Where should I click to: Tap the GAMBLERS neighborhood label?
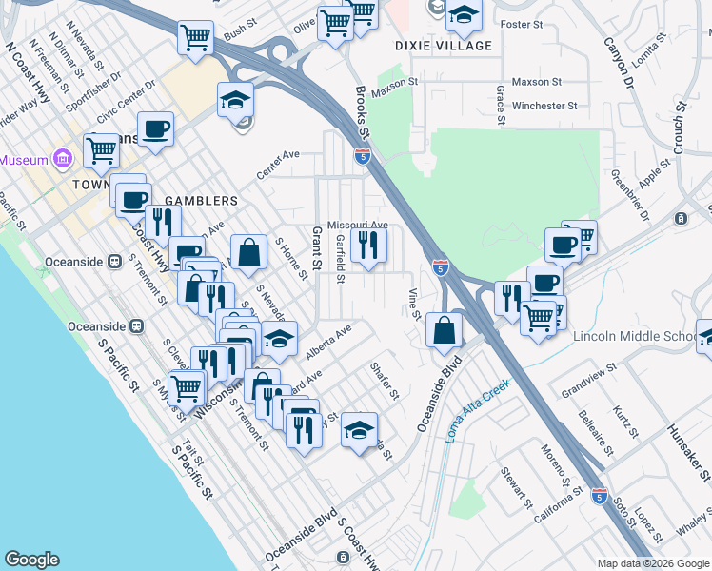tap(201, 201)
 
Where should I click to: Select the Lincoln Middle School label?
tap(635, 337)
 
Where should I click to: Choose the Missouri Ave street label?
tap(358, 226)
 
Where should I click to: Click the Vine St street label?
tap(414, 303)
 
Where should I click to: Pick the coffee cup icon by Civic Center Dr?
tap(155, 128)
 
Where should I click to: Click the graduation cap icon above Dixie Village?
tap(464, 13)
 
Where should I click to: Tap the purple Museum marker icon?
tap(63, 158)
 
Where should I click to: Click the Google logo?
tap(31, 560)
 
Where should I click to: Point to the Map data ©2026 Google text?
tap(652, 563)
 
